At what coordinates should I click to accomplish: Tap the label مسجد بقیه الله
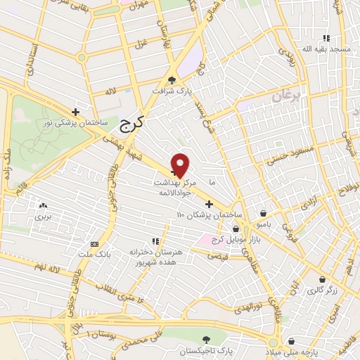(326, 49)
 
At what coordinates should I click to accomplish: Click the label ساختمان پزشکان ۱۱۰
(209, 214)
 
